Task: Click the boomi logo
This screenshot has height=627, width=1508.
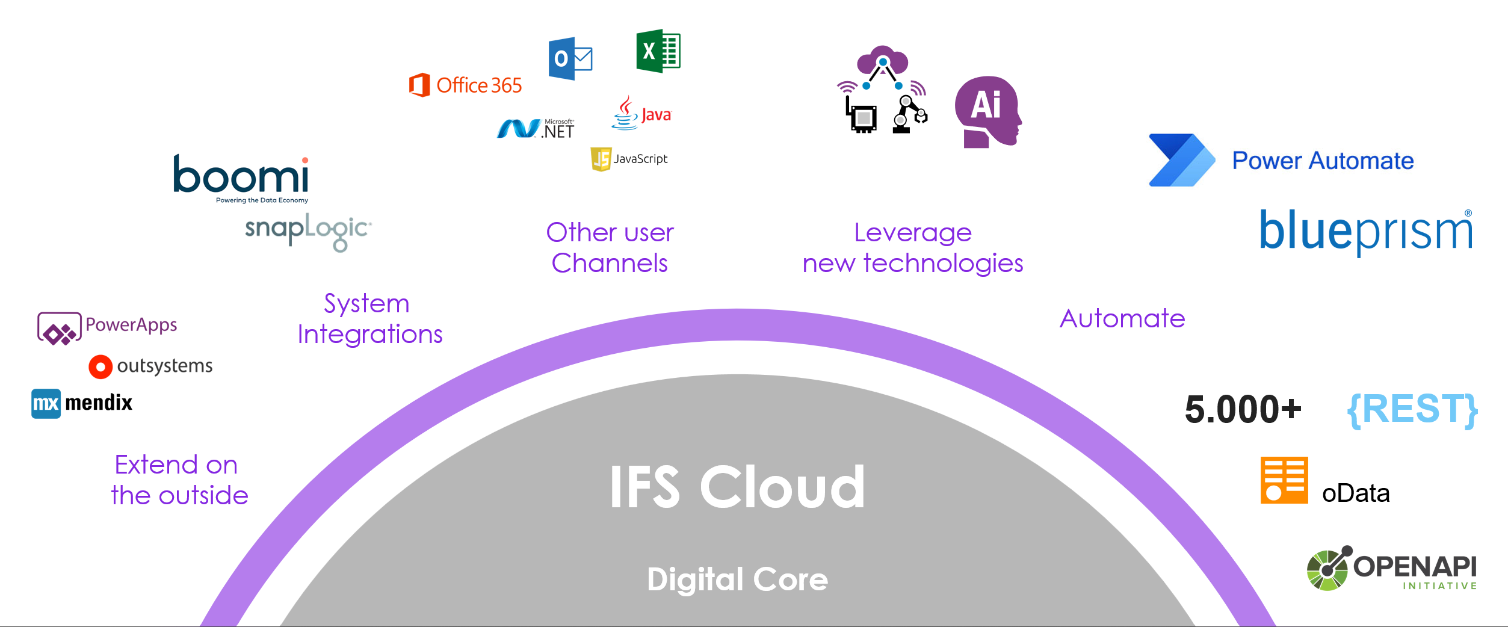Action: tap(241, 176)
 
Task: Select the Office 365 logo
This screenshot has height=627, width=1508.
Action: tap(465, 85)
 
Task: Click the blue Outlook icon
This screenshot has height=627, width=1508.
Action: tap(569, 58)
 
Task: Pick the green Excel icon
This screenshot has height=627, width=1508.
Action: tap(658, 51)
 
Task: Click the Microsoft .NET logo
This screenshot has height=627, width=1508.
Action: tap(535, 128)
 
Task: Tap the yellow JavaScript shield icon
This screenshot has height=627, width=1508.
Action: tap(601, 159)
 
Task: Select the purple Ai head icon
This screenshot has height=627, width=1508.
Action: tap(987, 111)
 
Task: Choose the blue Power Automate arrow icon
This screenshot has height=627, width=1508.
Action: tap(1181, 160)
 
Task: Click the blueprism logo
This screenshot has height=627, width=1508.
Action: tap(1365, 232)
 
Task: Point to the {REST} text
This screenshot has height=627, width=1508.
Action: tap(1412, 410)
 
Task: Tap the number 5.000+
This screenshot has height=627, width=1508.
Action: tap(1243, 410)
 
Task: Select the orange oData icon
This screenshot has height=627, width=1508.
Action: tap(1284, 480)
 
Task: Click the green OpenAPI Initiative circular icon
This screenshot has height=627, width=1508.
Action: tap(1327, 569)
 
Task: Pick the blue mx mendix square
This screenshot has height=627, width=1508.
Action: tap(46, 403)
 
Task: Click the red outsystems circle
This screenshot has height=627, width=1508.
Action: tap(100, 366)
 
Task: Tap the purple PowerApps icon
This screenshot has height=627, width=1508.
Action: tap(59, 329)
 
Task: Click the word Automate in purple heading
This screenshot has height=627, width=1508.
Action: tap(1122, 318)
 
